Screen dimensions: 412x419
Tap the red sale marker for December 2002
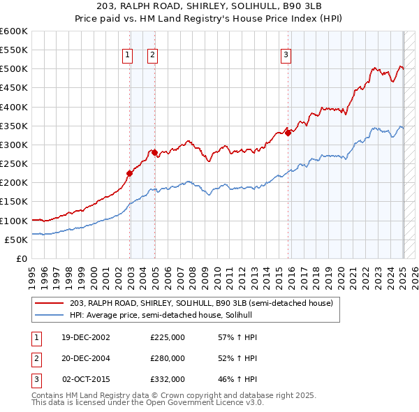(129, 173)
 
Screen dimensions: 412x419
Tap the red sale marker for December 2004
(154, 152)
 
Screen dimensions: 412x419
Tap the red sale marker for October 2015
(288, 133)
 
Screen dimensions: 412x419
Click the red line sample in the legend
(50, 303)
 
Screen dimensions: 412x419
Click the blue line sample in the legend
(50, 315)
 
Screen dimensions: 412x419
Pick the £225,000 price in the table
(168, 337)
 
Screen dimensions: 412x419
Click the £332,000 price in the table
(168, 379)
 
